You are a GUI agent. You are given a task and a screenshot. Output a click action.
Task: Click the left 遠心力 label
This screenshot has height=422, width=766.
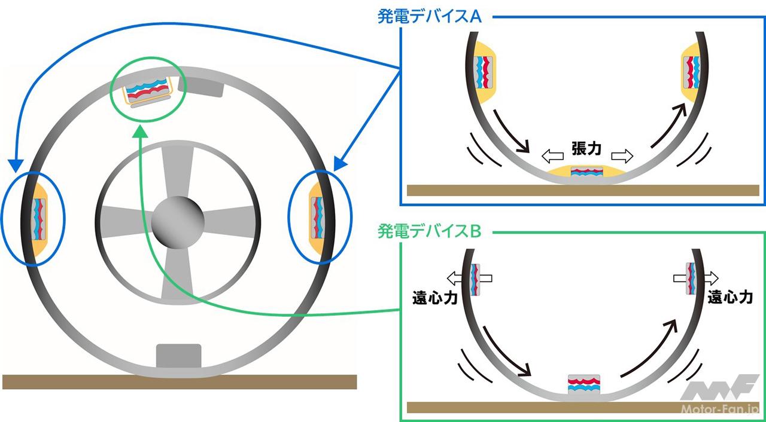point(435,297)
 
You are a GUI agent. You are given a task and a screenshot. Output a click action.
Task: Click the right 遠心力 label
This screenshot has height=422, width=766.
point(729,297)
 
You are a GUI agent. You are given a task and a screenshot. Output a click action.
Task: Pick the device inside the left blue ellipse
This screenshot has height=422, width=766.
point(39,217)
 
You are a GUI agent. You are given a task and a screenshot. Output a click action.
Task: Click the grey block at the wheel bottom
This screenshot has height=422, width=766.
point(178,356)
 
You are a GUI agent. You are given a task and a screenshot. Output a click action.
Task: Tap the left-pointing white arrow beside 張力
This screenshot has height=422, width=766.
point(551,157)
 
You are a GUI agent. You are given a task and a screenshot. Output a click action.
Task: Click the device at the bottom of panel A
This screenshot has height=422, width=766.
point(587,172)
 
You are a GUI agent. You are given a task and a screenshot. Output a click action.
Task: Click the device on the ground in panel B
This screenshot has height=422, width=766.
point(583,386)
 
